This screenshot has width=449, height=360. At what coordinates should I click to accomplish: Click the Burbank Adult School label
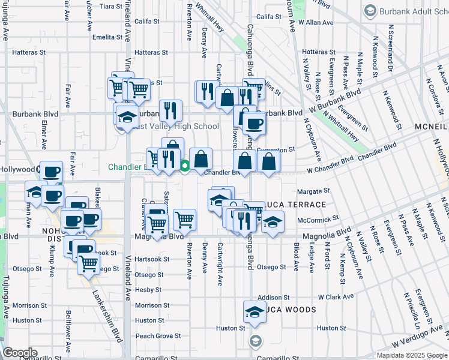pyautogui.click(x=408, y=11)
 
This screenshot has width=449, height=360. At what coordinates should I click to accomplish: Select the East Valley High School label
pyautogui.click(x=175, y=126)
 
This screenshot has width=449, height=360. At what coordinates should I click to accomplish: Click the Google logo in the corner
pyautogui.click(x=19, y=353)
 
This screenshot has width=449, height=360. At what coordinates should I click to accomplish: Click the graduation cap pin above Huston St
pyautogui.click(x=255, y=313)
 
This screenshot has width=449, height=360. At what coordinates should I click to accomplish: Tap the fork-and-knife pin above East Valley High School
pyautogui.click(x=171, y=110)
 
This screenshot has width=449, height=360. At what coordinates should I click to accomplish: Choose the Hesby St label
pyautogui.click(x=145, y=289)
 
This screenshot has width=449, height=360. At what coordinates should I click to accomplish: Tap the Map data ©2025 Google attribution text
pyautogui.click(x=412, y=355)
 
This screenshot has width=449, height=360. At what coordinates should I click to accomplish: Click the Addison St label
pyautogui.click(x=274, y=297)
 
